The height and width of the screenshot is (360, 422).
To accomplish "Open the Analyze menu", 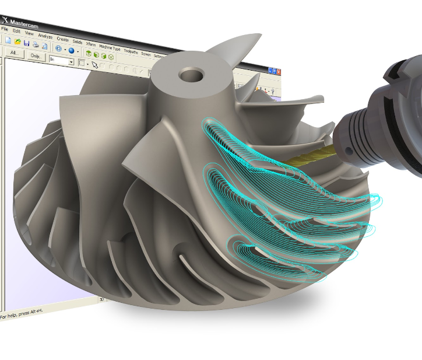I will (x=45, y=36).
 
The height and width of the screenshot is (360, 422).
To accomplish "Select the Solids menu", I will (x=78, y=42).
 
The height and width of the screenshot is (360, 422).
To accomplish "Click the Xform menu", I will (x=91, y=44).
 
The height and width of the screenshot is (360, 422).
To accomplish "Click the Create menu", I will (x=62, y=39).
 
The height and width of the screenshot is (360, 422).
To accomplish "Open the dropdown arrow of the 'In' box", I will (x=71, y=61).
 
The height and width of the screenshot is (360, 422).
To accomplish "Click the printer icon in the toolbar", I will (x=36, y=44).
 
